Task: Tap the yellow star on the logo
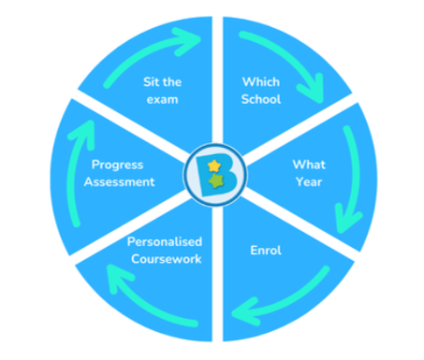pyautogui.click(x=212, y=166)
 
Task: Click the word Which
pyautogui.click(x=261, y=81)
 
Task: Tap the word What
pyautogui.click(x=308, y=165)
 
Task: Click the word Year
pyautogui.click(x=308, y=181)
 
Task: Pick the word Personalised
pyautogui.click(x=164, y=242)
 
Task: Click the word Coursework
pyautogui.click(x=164, y=258)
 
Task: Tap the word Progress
pyautogui.click(x=117, y=165)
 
